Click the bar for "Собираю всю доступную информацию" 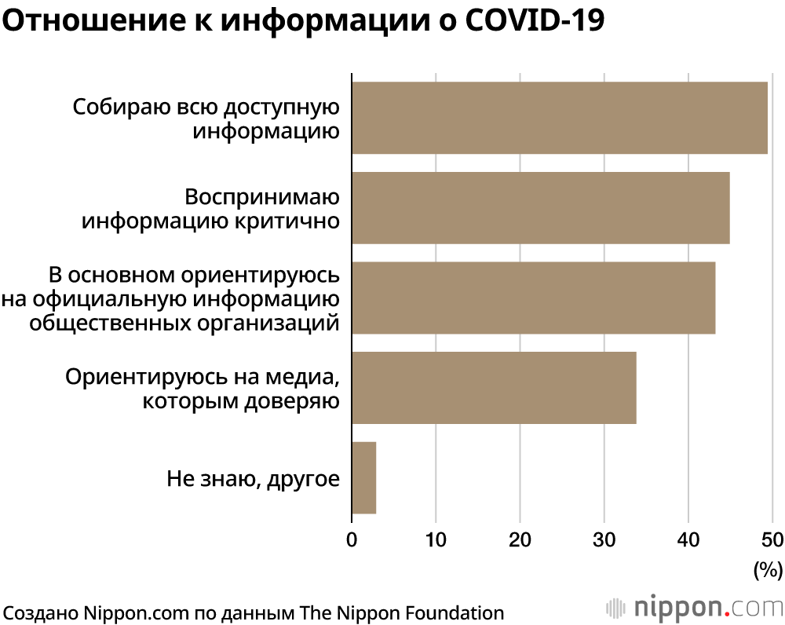tap(560, 118)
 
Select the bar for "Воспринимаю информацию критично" tap(541, 208)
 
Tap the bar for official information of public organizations tap(534, 298)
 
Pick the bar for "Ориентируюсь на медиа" tap(494, 388)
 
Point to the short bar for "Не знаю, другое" tap(364, 477)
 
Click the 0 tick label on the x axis tap(352, 540)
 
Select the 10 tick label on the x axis tap(436, 540)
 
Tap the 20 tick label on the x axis tap(520, 540)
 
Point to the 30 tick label tap(604, 540)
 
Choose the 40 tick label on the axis tap(688, 540)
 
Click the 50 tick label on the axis tap(772, 540)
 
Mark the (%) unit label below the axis tap(768, 570)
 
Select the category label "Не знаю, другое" tap(254, 479)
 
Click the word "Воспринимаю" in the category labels tap(262, 197)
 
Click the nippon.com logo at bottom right tap(695, 607)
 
